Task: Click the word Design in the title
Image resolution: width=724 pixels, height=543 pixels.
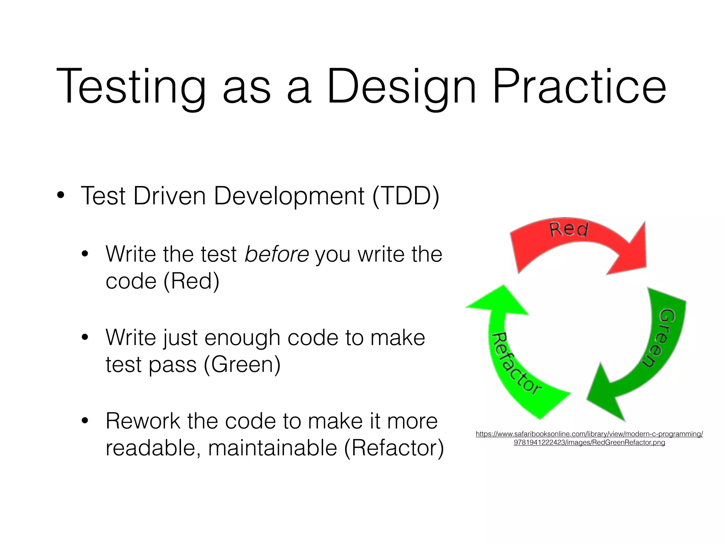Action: coord(401,87)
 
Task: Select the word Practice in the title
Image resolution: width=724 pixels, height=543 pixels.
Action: coord(579,87)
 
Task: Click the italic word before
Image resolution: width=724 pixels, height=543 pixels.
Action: coord(277,254)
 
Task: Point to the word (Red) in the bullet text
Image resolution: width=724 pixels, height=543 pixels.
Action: coord(191,281)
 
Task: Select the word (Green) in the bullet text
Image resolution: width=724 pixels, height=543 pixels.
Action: coord(242,364)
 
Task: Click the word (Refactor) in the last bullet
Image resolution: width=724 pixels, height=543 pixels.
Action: coord(394,448)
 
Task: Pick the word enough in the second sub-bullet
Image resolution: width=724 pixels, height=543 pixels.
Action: coord(243,338)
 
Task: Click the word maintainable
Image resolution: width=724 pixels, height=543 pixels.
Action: coord(272,448)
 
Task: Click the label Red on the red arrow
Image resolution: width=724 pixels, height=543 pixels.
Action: coord(569,229)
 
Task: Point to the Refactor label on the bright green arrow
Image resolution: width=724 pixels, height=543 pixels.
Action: coord(515,364)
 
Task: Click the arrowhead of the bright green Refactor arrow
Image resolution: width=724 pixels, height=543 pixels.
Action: coord(498,300)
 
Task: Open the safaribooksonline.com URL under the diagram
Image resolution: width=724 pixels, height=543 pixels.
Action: coord(589,438)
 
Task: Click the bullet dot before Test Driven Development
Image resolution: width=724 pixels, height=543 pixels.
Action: coord(61,195)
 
